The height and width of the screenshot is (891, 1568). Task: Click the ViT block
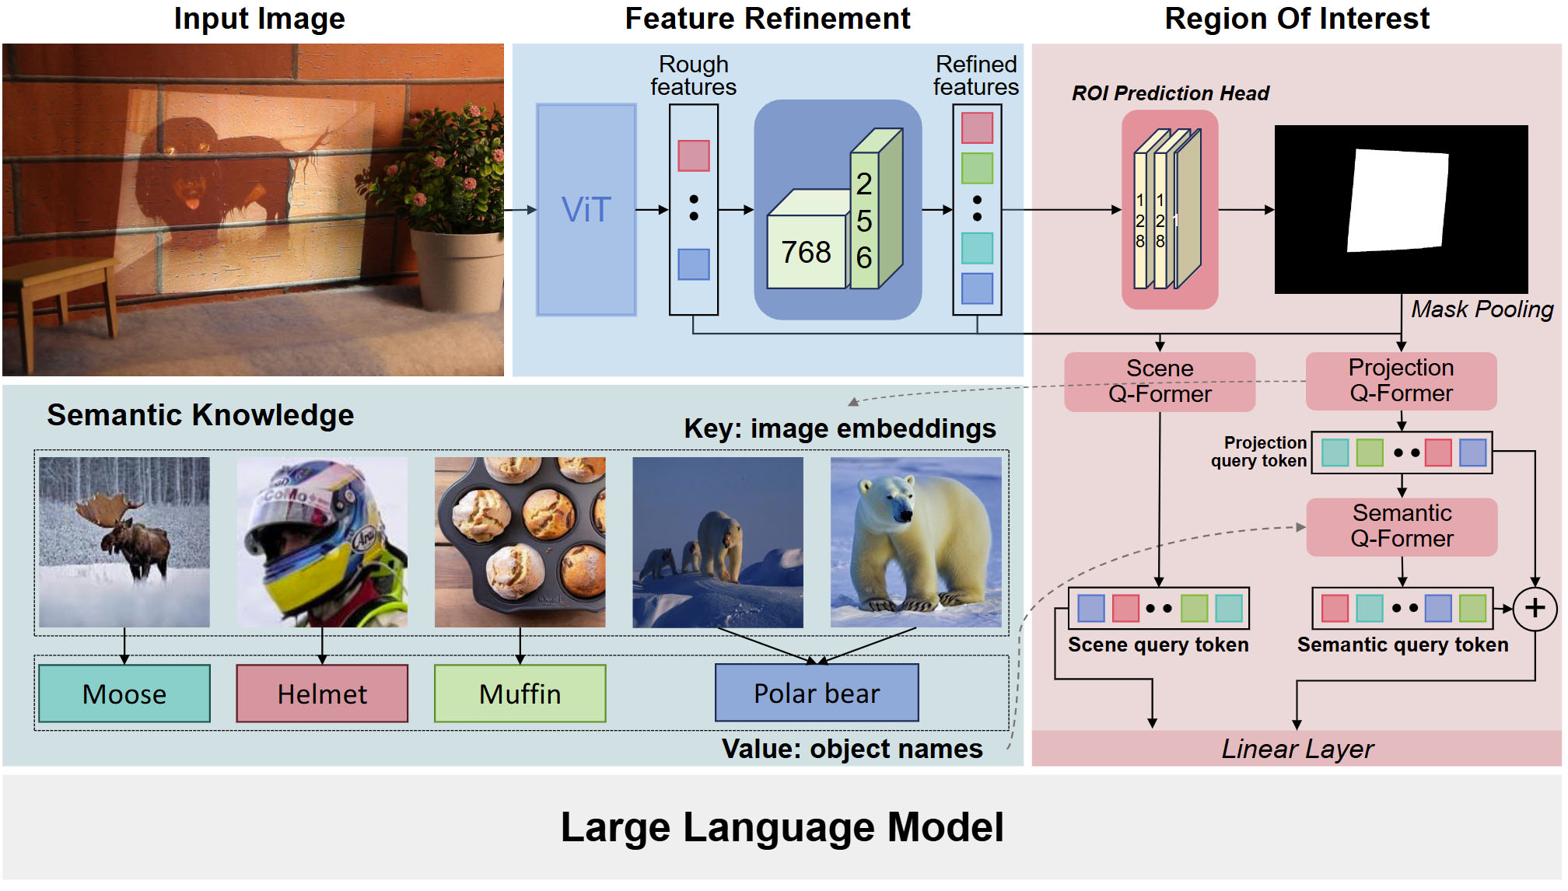tap(586, 210)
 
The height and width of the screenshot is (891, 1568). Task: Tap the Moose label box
tap(124, 694)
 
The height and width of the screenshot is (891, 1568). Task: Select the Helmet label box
tap(322, 694)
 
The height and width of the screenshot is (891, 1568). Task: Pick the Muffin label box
tap(520, 694)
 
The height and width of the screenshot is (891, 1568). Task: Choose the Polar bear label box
tap(817, 693)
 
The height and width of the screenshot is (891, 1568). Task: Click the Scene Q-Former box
tap(1159, 381)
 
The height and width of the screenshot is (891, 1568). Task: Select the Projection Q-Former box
tap(1401, 381)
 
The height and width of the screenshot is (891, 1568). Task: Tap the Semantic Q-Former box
tap(1402, 526)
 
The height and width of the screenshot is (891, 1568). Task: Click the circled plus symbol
tap(1535, 608)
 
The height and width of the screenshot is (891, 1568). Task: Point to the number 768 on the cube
tap(806, 253)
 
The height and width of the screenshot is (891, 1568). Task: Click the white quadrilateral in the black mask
tap(1398, 201)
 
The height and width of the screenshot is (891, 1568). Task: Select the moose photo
tap(124, 542)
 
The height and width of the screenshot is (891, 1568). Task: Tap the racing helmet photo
tap(322, 542)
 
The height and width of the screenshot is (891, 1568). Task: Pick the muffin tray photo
tap(520, 542)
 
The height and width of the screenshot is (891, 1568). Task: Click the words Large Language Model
tap(782, 827)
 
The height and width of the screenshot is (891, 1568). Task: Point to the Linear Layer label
tap(1297, 749)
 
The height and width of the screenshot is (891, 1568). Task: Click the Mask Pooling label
tap(1482, 309)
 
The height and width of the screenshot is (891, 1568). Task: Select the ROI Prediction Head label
tap(1170, 93)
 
